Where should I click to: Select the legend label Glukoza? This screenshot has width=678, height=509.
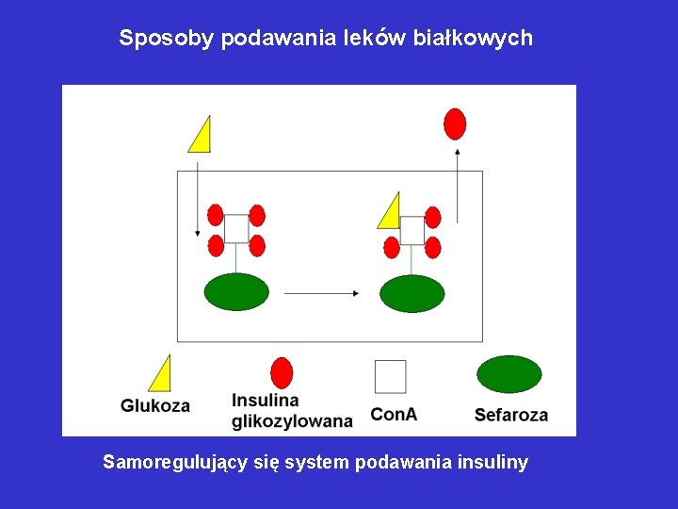pos(155,406)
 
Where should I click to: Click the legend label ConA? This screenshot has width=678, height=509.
pos(394,414)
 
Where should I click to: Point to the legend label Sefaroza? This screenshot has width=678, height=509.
pos(511,414)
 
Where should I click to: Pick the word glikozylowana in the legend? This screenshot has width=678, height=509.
pos(292,421)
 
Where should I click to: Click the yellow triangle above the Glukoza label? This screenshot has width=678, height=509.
pos(162,375)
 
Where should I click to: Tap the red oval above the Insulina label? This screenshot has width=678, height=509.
pos(281,373)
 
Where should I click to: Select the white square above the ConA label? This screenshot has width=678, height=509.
pos(390,376)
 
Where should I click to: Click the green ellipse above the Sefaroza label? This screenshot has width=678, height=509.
pos(509,374)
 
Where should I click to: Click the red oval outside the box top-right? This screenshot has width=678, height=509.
pos(456,123)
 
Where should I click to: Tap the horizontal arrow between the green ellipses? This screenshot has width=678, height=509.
pos(321,294)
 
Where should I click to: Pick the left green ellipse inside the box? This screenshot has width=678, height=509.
pos(236,291)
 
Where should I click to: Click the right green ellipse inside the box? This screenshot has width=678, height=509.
pos(412,292)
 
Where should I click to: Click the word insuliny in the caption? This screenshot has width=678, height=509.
pos(492,463)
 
